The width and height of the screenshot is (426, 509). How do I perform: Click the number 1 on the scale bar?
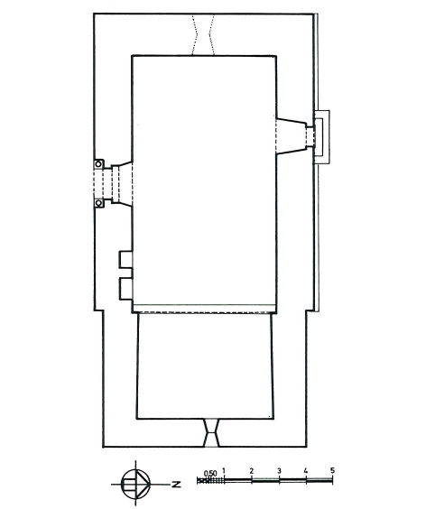224,470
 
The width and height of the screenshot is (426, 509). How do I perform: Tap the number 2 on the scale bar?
251,470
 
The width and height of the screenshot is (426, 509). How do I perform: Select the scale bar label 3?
279,470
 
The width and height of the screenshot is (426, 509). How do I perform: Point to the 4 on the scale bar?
306,470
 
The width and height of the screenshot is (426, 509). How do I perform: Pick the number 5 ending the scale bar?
332,470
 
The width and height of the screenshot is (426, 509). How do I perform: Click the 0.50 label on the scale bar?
210,473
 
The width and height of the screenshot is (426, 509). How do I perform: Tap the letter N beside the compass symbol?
176,485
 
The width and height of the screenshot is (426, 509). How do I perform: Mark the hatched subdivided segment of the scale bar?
210,480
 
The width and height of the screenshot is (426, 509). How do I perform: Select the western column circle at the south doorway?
98,164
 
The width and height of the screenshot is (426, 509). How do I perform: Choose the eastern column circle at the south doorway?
98,204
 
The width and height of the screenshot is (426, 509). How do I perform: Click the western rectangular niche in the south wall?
125,259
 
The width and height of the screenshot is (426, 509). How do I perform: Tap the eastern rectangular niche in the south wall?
126,289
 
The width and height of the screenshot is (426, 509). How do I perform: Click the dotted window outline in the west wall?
203,34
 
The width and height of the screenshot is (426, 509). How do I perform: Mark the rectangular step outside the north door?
322,137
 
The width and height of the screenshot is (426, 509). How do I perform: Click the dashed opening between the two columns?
98,184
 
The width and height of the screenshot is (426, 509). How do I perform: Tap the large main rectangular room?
205,180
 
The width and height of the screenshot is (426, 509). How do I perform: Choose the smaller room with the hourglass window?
205,366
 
